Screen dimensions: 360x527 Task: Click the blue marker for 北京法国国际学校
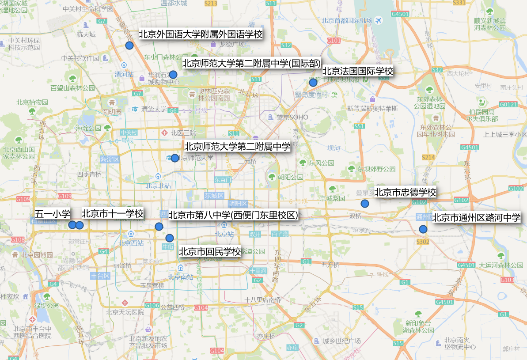[313, 82]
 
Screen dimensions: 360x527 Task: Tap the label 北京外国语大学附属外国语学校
[201, 34]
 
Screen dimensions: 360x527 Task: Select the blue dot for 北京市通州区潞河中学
[423, 229]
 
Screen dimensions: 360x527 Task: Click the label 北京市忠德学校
[405, 193]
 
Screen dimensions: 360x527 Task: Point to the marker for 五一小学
[72, 225]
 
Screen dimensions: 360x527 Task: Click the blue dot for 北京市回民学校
[169, 238]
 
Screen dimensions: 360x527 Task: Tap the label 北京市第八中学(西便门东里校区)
[233, 215]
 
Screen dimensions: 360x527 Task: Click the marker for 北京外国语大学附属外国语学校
[129, 45]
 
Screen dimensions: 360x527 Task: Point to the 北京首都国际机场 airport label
[347, 20]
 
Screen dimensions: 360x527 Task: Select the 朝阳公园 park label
[290, 177]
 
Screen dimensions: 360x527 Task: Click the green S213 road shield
[211, 4]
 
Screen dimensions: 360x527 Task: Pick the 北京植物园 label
[32, 102]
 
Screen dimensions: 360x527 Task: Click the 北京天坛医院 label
[125, 312]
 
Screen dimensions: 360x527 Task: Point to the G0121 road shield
[508, 104]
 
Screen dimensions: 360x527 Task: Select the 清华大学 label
[154, 109]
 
